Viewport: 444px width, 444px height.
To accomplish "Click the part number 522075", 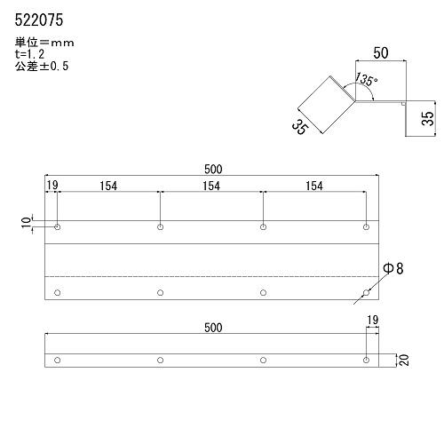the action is point(39,20).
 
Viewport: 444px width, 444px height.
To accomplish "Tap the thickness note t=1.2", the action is point(29,54).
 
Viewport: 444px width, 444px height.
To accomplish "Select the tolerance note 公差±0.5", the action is point(42,66).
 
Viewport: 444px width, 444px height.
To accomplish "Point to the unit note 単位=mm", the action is point(44,43).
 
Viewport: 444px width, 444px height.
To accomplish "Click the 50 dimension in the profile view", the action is point(381,53).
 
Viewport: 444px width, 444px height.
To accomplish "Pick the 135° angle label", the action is point(366,79).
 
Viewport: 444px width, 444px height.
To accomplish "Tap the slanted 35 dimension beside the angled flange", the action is point(300,127).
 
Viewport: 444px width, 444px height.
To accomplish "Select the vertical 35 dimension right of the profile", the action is point(428,118).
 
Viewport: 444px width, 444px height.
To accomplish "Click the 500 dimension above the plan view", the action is point(213,170).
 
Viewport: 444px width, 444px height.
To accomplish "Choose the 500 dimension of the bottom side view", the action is point(213,328).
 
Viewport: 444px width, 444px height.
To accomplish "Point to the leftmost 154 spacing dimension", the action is point(108,186).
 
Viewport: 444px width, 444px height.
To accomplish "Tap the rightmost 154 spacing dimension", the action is point(314,186).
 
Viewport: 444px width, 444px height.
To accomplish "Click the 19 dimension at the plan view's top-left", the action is point(52,186).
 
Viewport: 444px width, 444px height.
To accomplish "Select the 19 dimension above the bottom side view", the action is point(373,320).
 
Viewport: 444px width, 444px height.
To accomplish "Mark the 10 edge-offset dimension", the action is point(26,222).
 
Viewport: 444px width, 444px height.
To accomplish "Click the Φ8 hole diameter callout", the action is point(393,268).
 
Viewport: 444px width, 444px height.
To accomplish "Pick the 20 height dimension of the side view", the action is point(404,360).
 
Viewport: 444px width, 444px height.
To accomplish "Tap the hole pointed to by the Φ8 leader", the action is point(366,293).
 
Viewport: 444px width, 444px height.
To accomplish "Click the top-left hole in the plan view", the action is point(58,227).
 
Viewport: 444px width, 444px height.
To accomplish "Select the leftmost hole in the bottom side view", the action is point(58,361).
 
